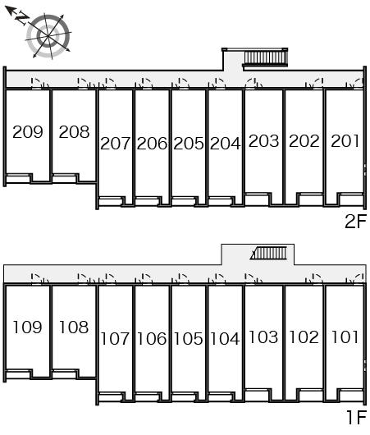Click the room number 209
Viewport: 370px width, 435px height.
click(28, 132)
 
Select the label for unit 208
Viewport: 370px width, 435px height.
click(74, 132)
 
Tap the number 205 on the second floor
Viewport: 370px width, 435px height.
click(189, 144)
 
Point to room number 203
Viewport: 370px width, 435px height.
click(264, 141)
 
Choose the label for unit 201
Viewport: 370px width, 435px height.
click(345, 141)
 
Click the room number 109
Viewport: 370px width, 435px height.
click(28, 327)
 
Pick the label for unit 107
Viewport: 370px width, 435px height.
click(115, 339)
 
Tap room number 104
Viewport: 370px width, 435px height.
click(225, 339)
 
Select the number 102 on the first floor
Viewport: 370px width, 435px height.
click(304, 337)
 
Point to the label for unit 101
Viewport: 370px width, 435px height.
click(345, 337)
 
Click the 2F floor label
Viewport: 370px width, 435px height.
click(355, 221)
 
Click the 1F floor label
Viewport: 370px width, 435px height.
click(357, 417)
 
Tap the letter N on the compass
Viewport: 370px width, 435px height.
click(21, 18)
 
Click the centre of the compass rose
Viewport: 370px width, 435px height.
click(48, 36)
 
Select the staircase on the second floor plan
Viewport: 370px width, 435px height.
click(265, 57)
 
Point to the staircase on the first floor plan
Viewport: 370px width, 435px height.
click(268, 253)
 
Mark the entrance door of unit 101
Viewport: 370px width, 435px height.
click(357, 278)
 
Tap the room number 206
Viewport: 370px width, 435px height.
click(152, 144)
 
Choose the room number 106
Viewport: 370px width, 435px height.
click(152, 339)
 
